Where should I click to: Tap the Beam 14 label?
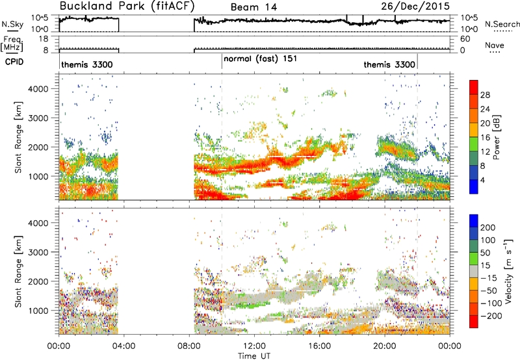253,7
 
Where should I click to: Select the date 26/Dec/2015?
415,6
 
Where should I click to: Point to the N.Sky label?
12,24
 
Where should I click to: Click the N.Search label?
502,24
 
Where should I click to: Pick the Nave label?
495,45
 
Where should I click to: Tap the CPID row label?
14,62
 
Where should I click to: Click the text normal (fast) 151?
260,59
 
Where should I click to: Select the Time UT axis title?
254,356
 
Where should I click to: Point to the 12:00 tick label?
254,346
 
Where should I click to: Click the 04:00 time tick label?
124,346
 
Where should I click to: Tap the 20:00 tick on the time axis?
385,346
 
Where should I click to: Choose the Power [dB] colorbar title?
496,137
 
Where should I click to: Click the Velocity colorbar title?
508,271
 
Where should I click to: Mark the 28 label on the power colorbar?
485,95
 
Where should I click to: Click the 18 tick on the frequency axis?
44,39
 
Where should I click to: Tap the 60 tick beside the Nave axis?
465,39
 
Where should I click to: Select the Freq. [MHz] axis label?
12,44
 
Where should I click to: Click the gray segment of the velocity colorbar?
474,271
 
